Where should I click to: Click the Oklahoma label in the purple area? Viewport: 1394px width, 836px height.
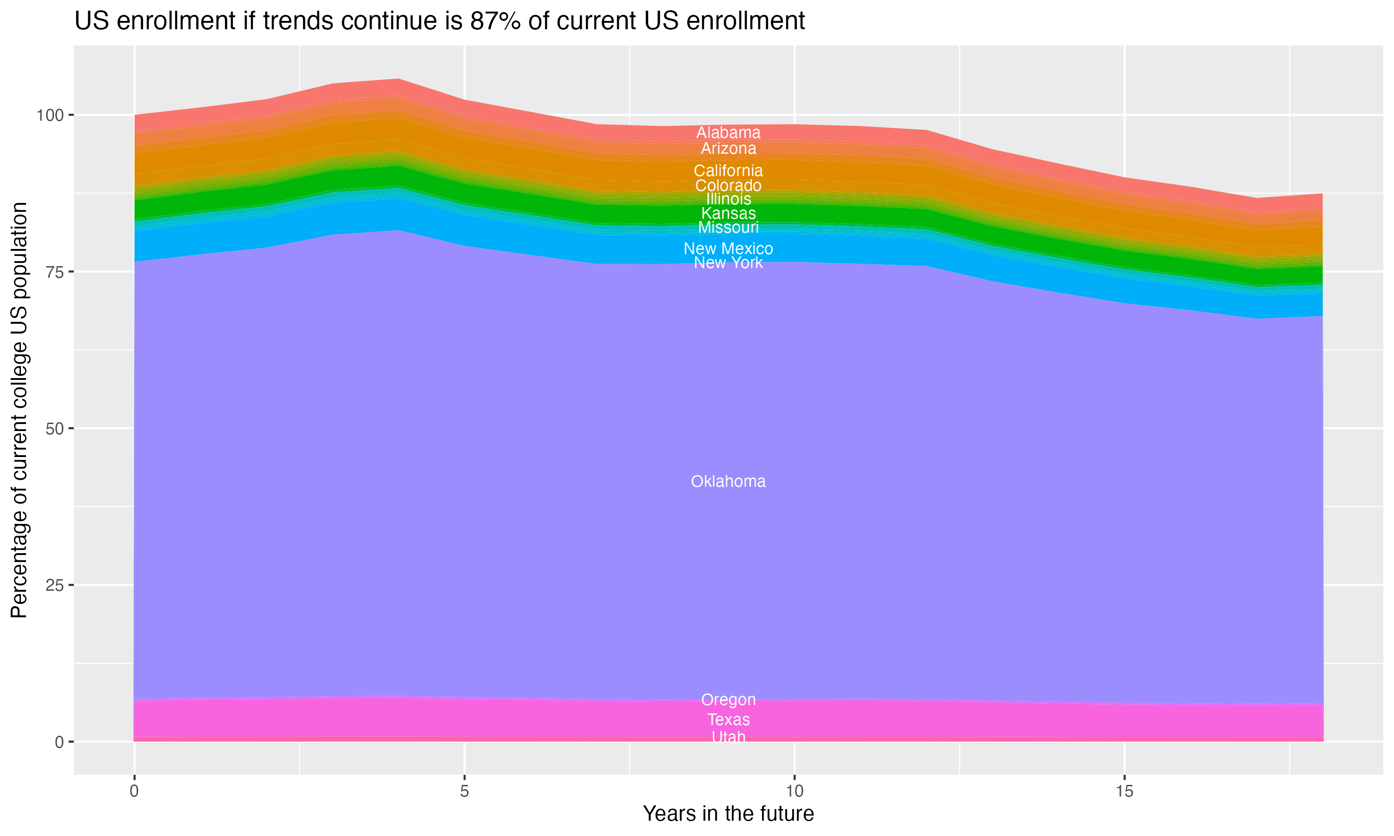(x=728, y=482)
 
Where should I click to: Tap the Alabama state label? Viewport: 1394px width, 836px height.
(x=728, y=133)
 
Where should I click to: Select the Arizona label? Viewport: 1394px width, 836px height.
(x=728, y=149)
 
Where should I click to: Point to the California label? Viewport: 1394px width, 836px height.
(x=728, y=171)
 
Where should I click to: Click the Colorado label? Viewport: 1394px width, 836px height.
(x=728, y=186)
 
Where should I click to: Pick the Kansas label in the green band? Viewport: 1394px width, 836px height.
(x=728, y=214)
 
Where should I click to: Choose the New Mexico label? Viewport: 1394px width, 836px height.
(x=728, y=248)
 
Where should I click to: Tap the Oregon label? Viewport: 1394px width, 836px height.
(x=728, y=699)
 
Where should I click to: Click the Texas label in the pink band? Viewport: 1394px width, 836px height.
(x=728, y=720)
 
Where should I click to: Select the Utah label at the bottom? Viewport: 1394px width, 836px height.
(x=728, y=737)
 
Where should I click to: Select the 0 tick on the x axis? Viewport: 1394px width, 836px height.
(x=134, y=791)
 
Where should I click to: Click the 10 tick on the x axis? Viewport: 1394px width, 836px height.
(x=794, y=791)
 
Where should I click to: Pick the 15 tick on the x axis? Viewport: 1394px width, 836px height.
(x=1124, y=791)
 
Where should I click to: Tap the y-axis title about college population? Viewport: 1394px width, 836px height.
(x=19, y=410)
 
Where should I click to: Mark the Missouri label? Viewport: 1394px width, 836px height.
(x=728, y=228)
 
